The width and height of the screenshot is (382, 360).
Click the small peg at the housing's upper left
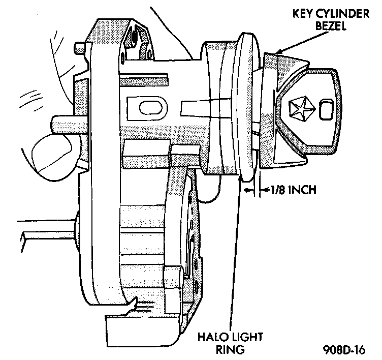[x=79, y=48]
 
